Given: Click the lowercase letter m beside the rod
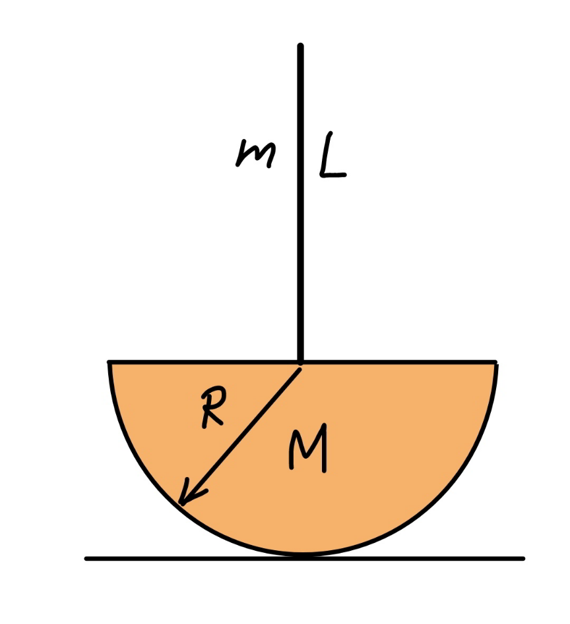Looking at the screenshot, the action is (255, 154).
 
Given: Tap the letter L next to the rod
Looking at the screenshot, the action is (332, 156).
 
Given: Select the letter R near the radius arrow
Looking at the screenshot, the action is (214, 407).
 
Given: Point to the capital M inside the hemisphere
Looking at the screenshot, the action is (308, 448).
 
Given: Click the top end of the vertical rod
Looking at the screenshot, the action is (300, 45).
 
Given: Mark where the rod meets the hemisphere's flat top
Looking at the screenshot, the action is (301, 362).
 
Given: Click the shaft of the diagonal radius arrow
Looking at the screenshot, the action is (241, 436).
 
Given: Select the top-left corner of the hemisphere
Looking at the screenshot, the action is (110, 362).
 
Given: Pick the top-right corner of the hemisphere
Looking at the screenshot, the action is (496, 362).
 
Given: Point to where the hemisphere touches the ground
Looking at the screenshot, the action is (303, 555).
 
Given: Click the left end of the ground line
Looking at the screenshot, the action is (86, 559).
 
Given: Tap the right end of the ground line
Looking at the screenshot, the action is (523, 559).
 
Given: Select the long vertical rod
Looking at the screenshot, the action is (301, 203).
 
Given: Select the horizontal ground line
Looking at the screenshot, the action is (305, 559).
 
